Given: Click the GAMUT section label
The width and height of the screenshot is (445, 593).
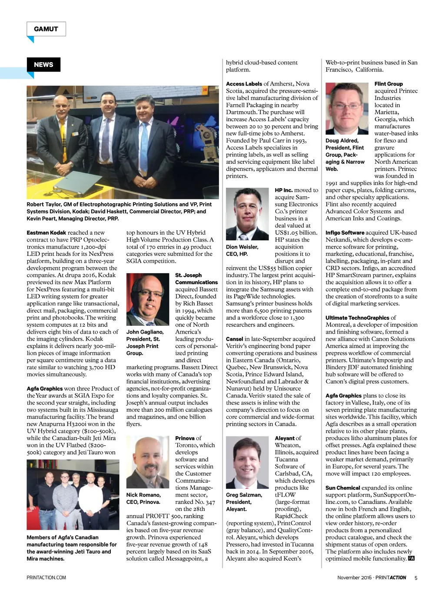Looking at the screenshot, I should [x=46, y=29].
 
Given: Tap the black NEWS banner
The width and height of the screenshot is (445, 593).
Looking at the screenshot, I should [x=43, y=65].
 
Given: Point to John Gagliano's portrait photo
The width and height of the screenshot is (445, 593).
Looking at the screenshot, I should [x=147, y=299].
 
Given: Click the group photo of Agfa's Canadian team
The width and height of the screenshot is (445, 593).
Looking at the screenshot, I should [x=73, y=495].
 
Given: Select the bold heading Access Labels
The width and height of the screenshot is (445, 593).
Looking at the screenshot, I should [x=244, y=84].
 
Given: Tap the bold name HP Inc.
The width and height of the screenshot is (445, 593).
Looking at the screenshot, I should [x=284, y=190].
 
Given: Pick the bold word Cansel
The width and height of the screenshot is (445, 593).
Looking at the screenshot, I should [x=234, y=339].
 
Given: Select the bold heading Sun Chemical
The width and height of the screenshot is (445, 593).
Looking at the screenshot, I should [x=342, y=488].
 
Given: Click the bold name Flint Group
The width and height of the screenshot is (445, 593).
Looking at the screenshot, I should [x=389, y=84].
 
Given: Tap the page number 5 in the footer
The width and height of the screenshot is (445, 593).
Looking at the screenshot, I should [x=416, y=578].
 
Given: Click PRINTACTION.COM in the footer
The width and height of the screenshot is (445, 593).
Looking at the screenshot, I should [x=46, y=578].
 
